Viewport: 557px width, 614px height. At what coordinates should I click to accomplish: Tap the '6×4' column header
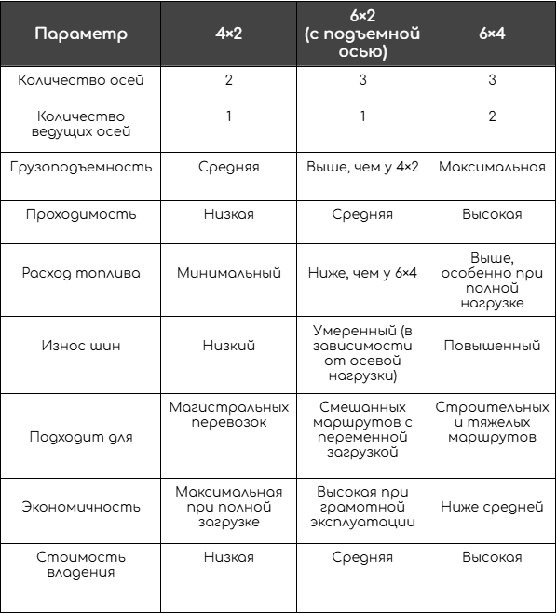(491, 35)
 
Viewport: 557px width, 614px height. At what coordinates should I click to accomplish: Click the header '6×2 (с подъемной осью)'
(361, 35)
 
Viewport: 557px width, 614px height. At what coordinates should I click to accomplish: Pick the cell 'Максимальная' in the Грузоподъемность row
(491, 169)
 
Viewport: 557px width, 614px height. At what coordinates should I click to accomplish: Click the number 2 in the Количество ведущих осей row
(491, 117)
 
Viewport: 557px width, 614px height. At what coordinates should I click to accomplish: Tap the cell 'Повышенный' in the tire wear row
(491, 346)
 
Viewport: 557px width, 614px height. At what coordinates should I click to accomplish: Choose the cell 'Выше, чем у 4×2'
(361, 169)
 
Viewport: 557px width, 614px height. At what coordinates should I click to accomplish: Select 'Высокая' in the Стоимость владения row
(491, 557)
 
